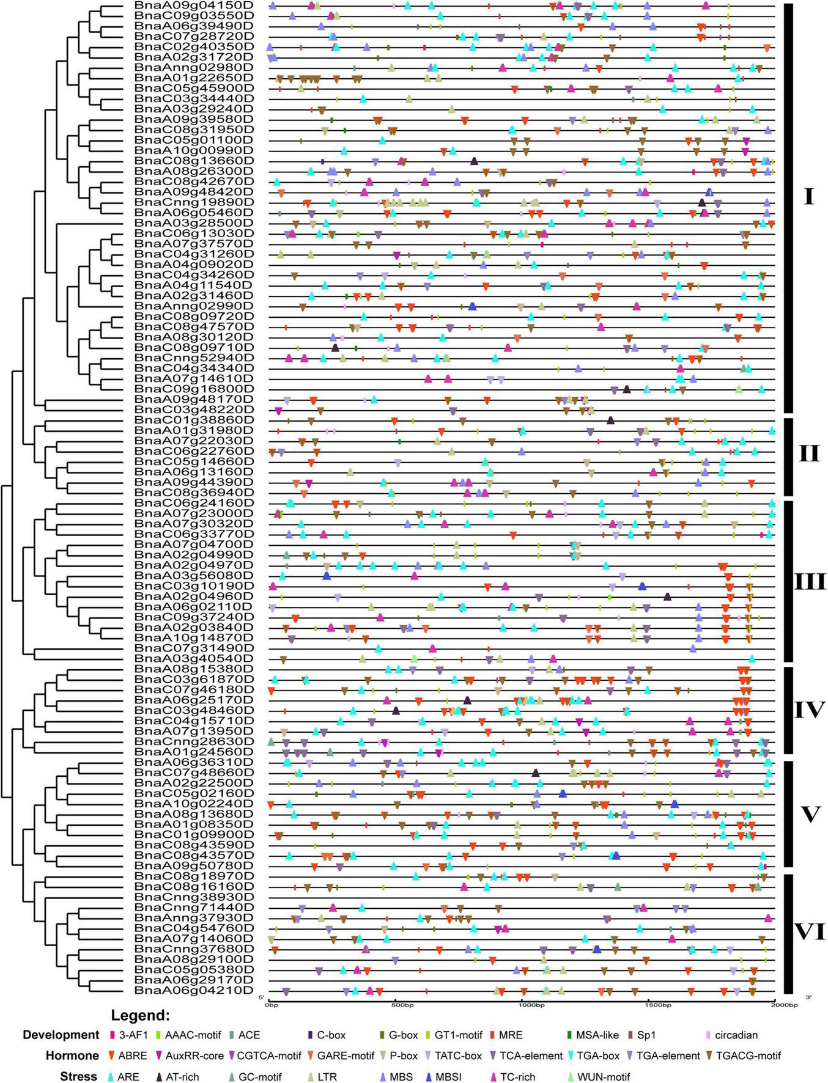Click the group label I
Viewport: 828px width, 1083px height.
pyautogui.click(x=808, y=197)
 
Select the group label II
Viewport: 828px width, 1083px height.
pyautogui.click(x=808, y=454)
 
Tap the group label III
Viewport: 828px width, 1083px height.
pyautogui.click(x=810, y=581)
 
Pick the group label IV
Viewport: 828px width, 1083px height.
pyautogui.click(x=810, y=710)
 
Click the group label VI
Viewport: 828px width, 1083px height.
pyautogui.click(x=810, y=932)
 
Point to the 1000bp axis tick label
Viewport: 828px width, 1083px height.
pyautogui.click(x=527, y=1004)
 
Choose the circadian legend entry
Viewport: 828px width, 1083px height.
pyautogui.click(x=736, y=1035)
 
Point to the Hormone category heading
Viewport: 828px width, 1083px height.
pyautogui.click(x=72, y=1055)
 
